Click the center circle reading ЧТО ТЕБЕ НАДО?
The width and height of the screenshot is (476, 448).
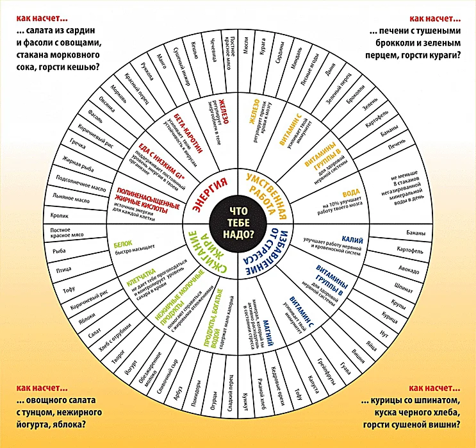tap(238, 223)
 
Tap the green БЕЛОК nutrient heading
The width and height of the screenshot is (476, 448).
tap(123, 244)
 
